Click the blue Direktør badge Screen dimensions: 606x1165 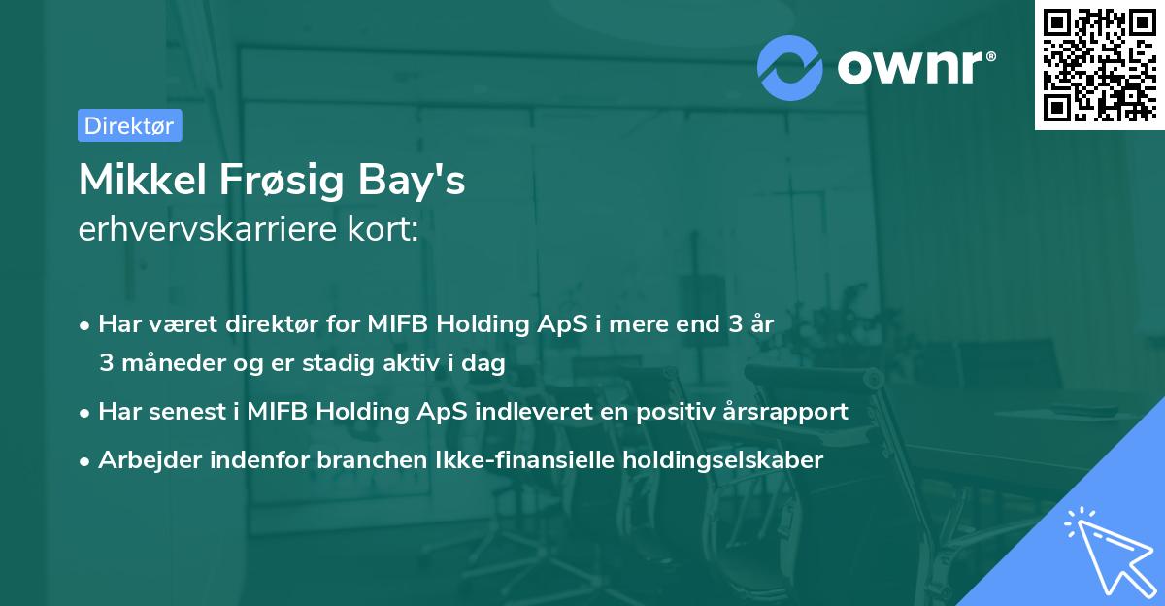[x=129, y=125]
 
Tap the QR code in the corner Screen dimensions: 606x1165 [x=1099, y=64]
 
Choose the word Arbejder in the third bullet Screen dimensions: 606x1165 [x=141, y=460]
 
